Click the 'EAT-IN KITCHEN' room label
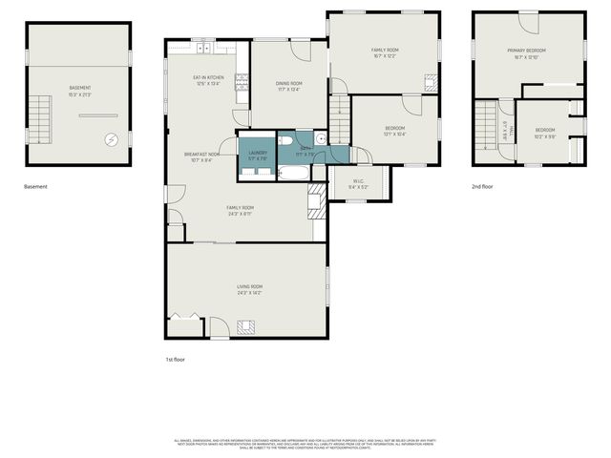[x=207, y=77]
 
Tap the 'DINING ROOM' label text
[x=288, y=84]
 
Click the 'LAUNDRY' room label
[x=257, y=153]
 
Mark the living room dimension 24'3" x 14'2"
[x=249, y=293]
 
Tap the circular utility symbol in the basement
[x=113, y=139]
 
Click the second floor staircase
[x=488, y=125]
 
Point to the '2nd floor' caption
[x=481, y=187]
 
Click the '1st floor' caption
[x=175, y=359]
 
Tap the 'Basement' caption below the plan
[x=35, y=187]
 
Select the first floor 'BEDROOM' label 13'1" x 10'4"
[x=394, y=128]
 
